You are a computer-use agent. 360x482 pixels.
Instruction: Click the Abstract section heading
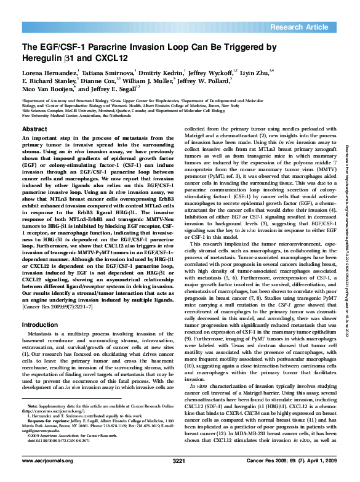click(x=34, y=129)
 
